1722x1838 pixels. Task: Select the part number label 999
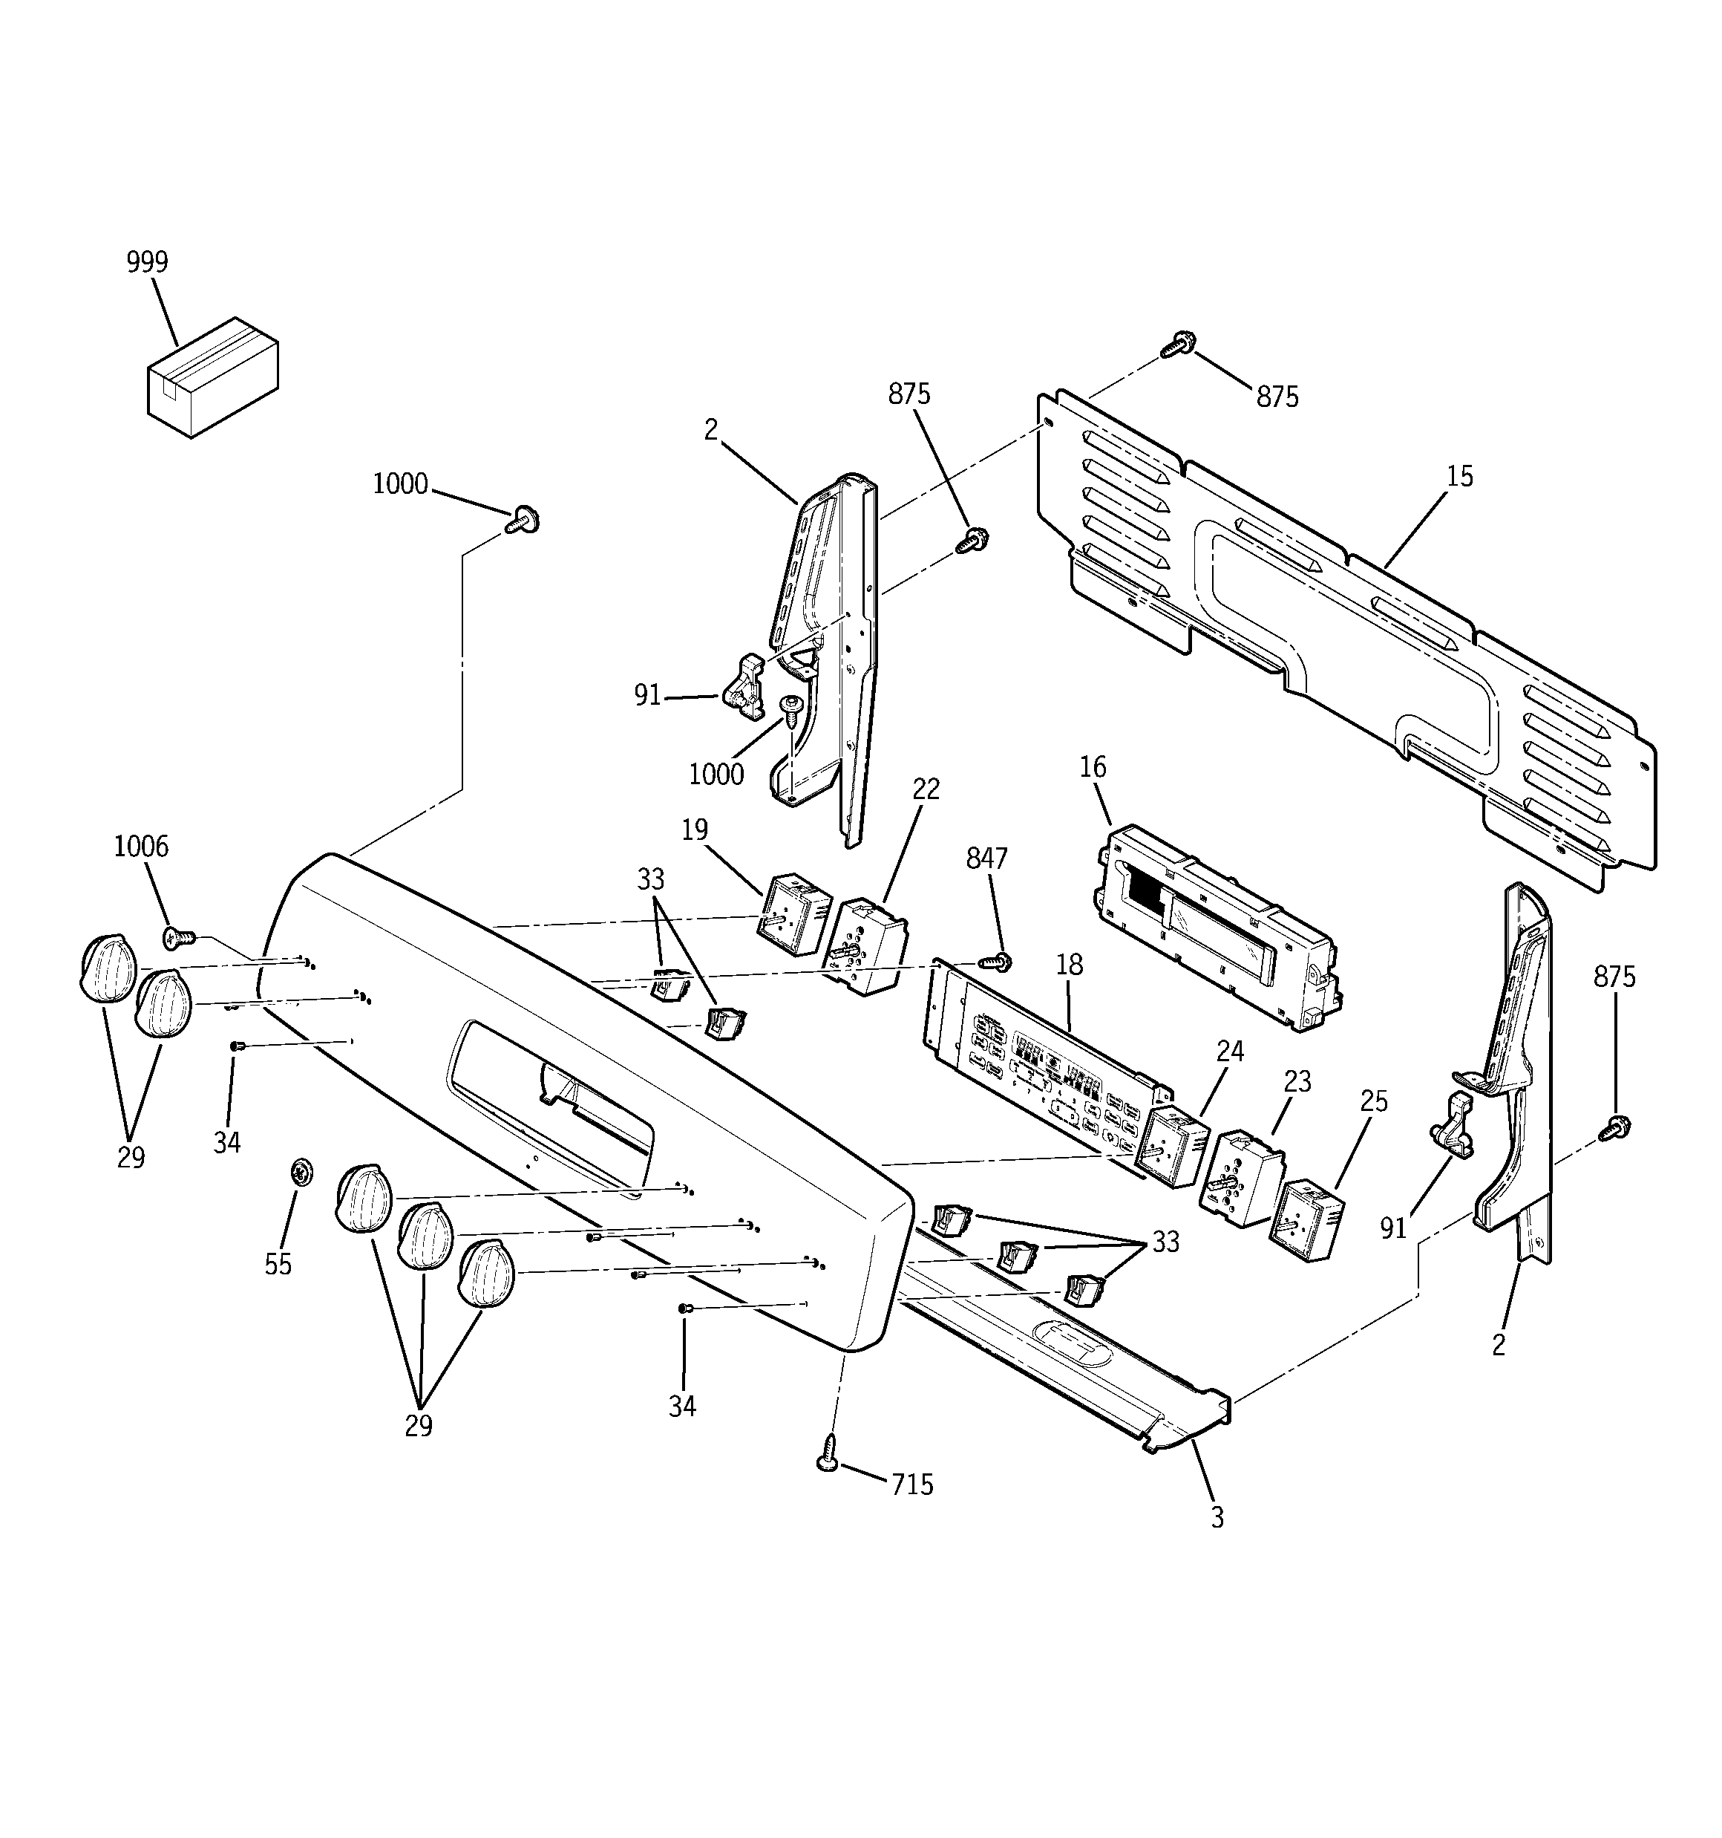point(147,263)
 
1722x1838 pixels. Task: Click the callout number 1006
point(140,846)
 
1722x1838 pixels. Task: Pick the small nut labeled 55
point(298,1173)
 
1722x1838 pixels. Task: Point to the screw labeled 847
point(998,962)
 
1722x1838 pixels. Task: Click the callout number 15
point(1459,477)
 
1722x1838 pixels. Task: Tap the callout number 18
point(1069,965)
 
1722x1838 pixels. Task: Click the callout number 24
point(1229,1052)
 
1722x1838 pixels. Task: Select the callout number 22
point(926,789)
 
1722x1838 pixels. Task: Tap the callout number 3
point(1217,1517)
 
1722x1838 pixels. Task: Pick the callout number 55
point(278,1264)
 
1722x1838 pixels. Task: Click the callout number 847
point(986,859)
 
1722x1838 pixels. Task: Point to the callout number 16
point(1093,767)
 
